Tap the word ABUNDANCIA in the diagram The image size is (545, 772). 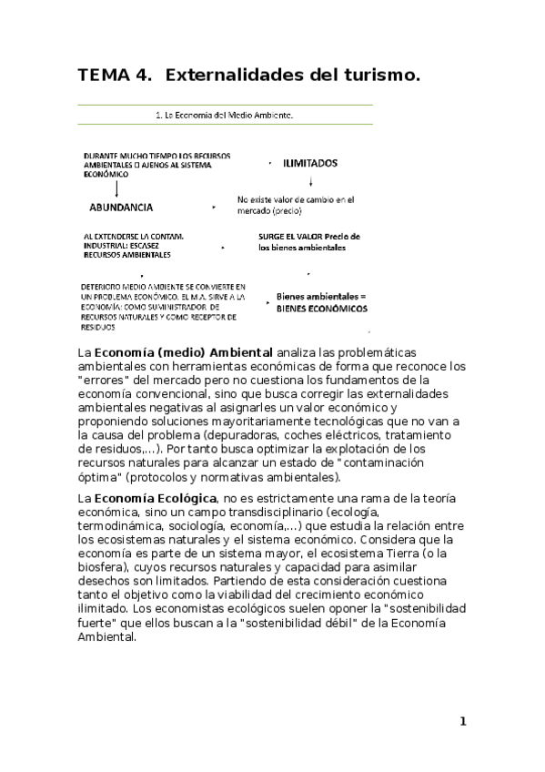(121, 207)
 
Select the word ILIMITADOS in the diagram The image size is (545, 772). (310, 164)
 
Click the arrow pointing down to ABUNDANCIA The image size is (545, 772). (116, 188)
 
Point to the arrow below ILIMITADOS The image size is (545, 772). (311, 181)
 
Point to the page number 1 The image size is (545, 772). (462, 722)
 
